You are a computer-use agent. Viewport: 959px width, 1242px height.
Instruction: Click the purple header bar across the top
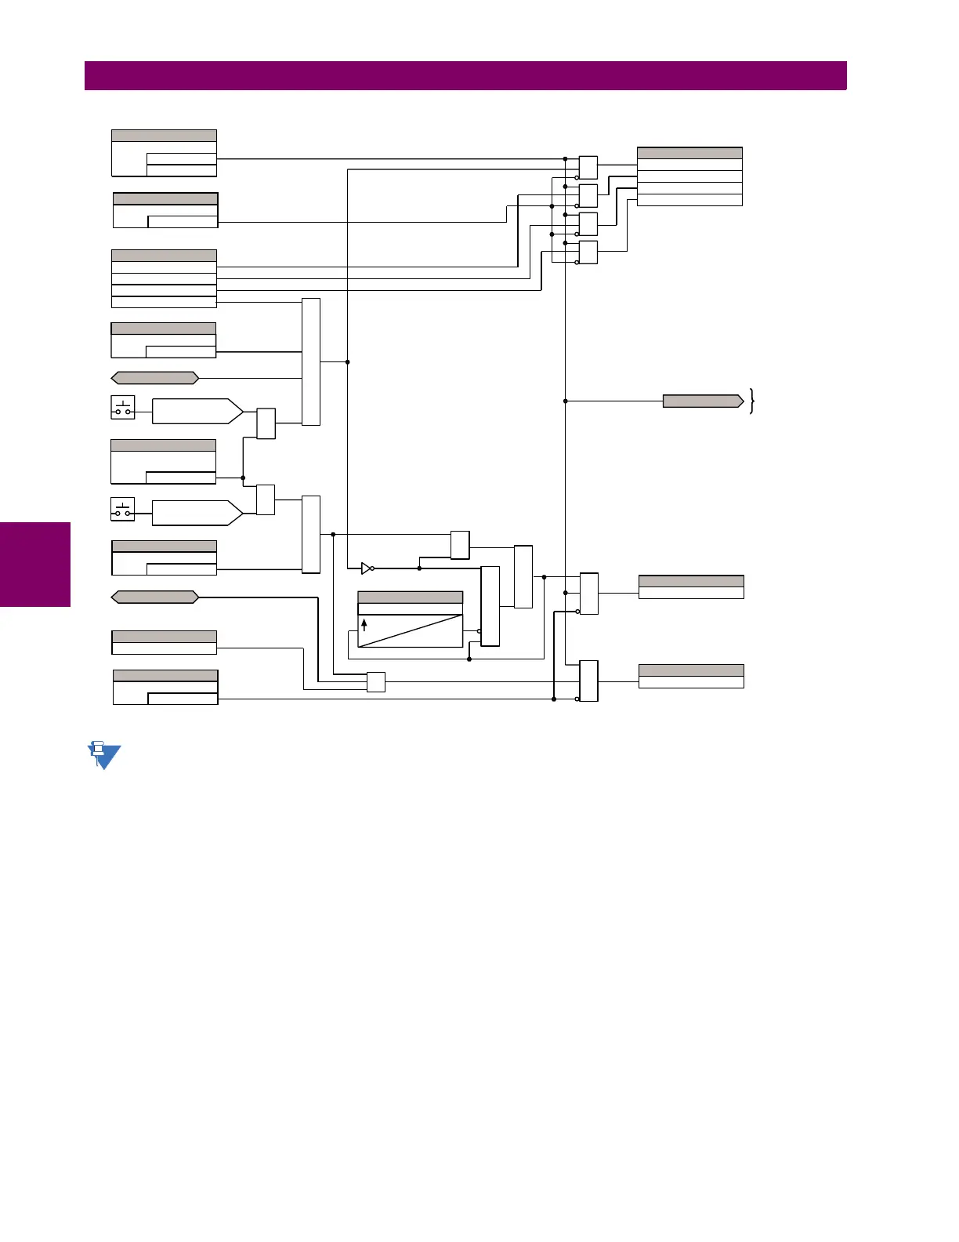point(465,76)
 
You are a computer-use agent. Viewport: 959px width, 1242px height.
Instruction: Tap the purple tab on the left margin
point(35,565)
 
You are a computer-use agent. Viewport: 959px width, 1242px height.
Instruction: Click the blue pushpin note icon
point(103,755)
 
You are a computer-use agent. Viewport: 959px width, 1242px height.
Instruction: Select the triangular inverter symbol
point(366,568)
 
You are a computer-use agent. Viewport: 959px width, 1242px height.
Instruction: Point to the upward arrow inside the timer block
point(364,625)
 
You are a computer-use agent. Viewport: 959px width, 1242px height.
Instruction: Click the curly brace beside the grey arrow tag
point(752,401)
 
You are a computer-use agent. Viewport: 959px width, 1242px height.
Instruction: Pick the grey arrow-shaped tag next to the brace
point(703,401)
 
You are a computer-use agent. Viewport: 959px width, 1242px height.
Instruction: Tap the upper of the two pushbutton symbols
point(123,408)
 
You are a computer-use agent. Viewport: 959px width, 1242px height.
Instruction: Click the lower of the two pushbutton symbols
point(123,509)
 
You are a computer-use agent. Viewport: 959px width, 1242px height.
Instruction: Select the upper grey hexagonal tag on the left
point(155,378)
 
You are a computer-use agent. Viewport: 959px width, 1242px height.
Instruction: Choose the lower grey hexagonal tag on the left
point(155,597)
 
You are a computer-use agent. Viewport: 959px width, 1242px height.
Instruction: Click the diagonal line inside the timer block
point(411,631)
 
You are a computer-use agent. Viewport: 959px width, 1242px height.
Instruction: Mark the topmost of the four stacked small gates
point(588,168)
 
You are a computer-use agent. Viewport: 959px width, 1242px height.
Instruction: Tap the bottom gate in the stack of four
point(588,252)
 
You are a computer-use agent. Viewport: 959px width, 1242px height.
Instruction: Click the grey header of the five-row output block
point(689,153)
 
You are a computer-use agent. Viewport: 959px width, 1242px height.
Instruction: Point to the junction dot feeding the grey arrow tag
point(565,401)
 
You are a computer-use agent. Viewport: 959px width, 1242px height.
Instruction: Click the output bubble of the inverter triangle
point(373,568)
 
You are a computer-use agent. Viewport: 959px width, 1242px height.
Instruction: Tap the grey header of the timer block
point(410,597)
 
